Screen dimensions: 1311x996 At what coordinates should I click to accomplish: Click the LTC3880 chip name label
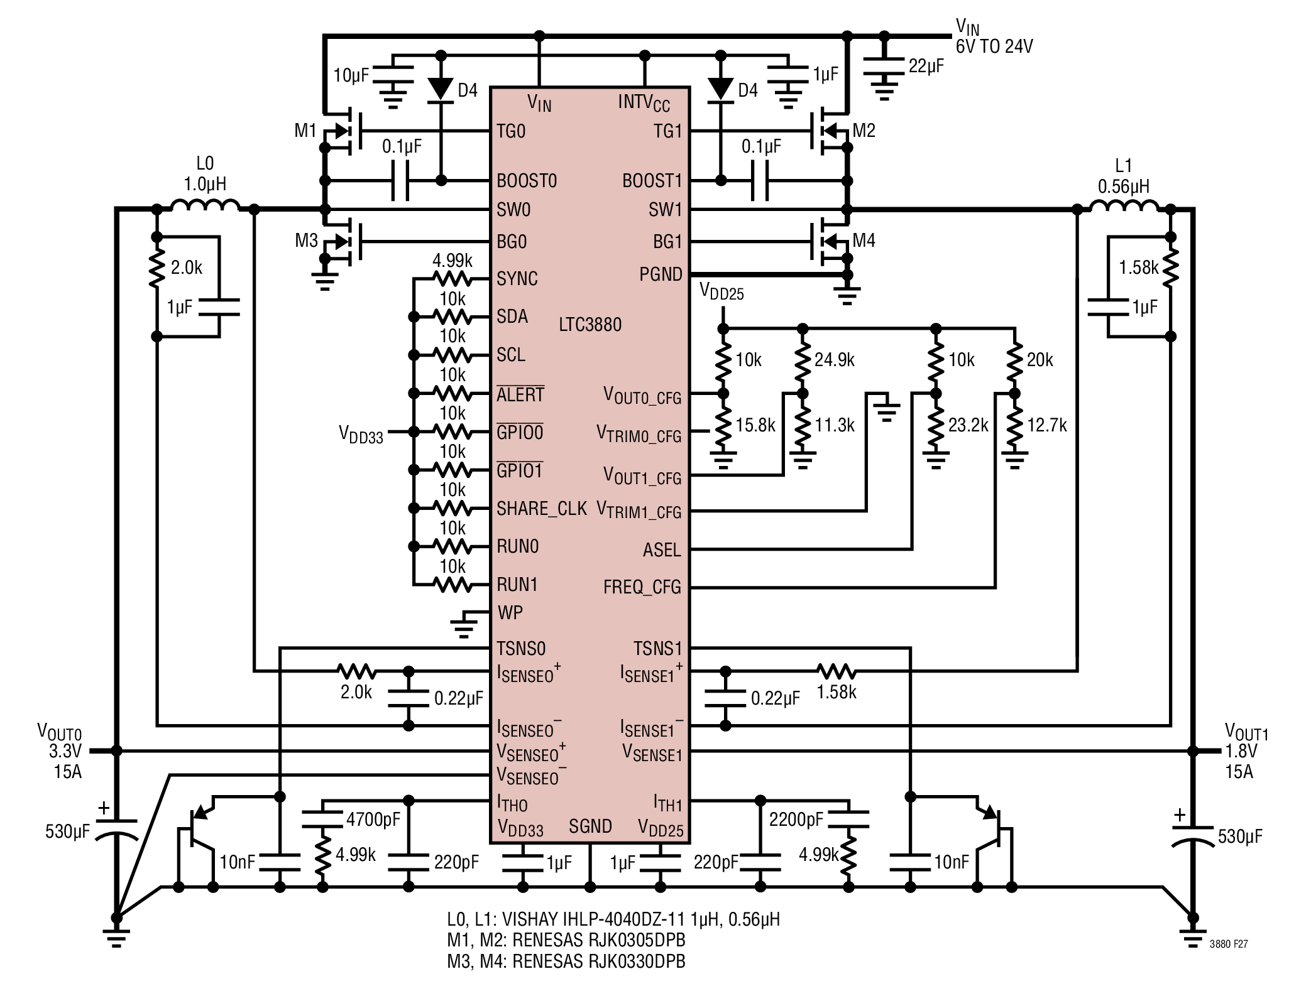590,325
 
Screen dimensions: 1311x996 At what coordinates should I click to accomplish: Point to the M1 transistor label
305,131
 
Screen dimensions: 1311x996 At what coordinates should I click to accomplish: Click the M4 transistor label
864,241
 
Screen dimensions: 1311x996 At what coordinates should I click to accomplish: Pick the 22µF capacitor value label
926,66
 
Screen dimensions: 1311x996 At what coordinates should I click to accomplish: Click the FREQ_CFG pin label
642,587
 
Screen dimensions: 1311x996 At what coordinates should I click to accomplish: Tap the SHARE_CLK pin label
542,509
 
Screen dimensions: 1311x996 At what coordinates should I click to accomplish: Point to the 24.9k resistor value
835,360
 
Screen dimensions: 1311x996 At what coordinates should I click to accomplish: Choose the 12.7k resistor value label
1047,425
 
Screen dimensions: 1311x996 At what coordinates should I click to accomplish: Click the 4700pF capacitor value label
373,819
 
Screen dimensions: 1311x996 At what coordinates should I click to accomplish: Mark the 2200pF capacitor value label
796,819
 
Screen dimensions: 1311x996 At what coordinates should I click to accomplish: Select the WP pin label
510,612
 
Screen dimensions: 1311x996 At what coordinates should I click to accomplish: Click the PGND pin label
661,274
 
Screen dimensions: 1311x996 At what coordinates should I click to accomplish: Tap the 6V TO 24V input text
994,46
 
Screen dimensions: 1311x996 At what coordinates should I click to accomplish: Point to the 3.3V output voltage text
66,751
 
